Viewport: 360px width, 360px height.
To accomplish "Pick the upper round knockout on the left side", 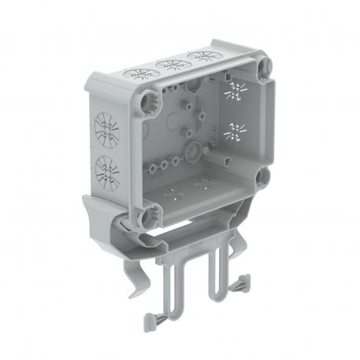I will coord(104,128).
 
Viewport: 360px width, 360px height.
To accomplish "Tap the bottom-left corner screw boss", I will coord(149,213).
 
